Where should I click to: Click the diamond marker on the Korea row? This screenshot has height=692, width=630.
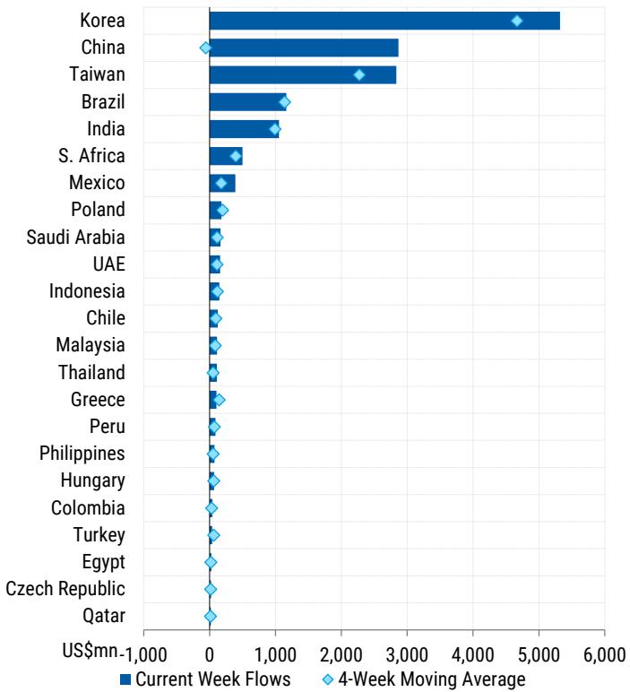[x=517, y=21]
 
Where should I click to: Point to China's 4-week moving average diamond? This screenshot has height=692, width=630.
[x=205, y=48]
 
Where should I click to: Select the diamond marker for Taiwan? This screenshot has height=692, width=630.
[x=359, y=74]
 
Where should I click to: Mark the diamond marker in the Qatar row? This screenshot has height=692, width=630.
[x=211, y=617]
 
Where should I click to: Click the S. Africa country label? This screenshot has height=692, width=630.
[x=91, y=156]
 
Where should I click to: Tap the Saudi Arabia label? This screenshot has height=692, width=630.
[x=75, y=238]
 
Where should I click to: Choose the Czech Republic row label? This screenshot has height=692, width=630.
[x=65, y=589]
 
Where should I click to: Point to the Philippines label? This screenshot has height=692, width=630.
[x=82, y=454]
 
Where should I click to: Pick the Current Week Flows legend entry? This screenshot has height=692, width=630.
[x=205, y=679]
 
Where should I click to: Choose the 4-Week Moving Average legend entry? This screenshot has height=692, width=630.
[x=423, y=679]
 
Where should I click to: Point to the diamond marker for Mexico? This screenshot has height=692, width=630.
[x=221, y=183]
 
